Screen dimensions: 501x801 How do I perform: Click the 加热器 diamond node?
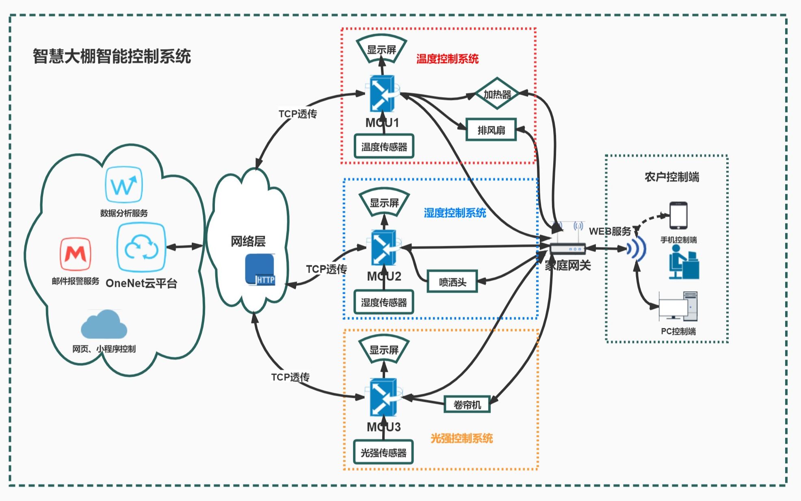tap(497, 94)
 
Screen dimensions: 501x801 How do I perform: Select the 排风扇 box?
tap(491, 130)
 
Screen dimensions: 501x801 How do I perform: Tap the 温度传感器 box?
tap(384, 147)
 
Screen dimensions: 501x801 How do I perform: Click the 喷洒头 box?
tap(452, 282)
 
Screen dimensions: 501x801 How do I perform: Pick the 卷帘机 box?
tap(467, 405)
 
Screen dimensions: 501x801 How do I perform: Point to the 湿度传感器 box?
tap(384, 302)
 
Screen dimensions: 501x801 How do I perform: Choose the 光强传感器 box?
tap(383, 452)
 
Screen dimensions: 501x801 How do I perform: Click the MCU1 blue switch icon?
tap(382, 94)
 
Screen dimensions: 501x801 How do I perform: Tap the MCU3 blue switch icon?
tap(383, 397)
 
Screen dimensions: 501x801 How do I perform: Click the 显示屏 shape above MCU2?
tap(384, 202)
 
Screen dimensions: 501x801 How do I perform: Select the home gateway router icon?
tap(568, 244)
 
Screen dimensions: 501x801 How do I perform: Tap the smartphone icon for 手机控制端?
tap(678, 216)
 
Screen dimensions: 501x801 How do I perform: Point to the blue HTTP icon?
tap(260, 269)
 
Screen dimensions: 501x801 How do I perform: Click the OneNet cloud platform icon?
tap(141, 247)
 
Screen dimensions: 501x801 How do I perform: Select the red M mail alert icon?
tap(76, 254)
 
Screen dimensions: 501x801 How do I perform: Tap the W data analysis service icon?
tap(123, 185)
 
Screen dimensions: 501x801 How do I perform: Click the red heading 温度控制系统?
tap(447, 59)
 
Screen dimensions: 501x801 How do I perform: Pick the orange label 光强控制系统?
tap(461, 438)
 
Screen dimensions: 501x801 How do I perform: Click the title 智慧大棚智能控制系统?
tap(112, 56)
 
